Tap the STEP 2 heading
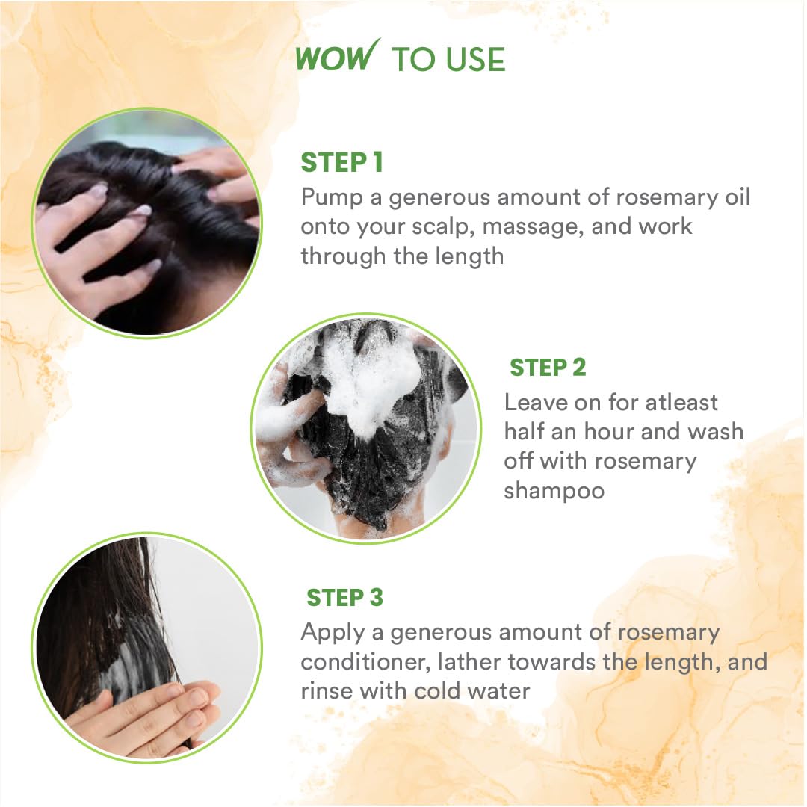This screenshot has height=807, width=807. tap(548, 368)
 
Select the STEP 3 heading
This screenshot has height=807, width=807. tap(344, 598)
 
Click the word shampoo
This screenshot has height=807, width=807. tap(554, 492)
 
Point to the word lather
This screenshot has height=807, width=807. tap(467, 661)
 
